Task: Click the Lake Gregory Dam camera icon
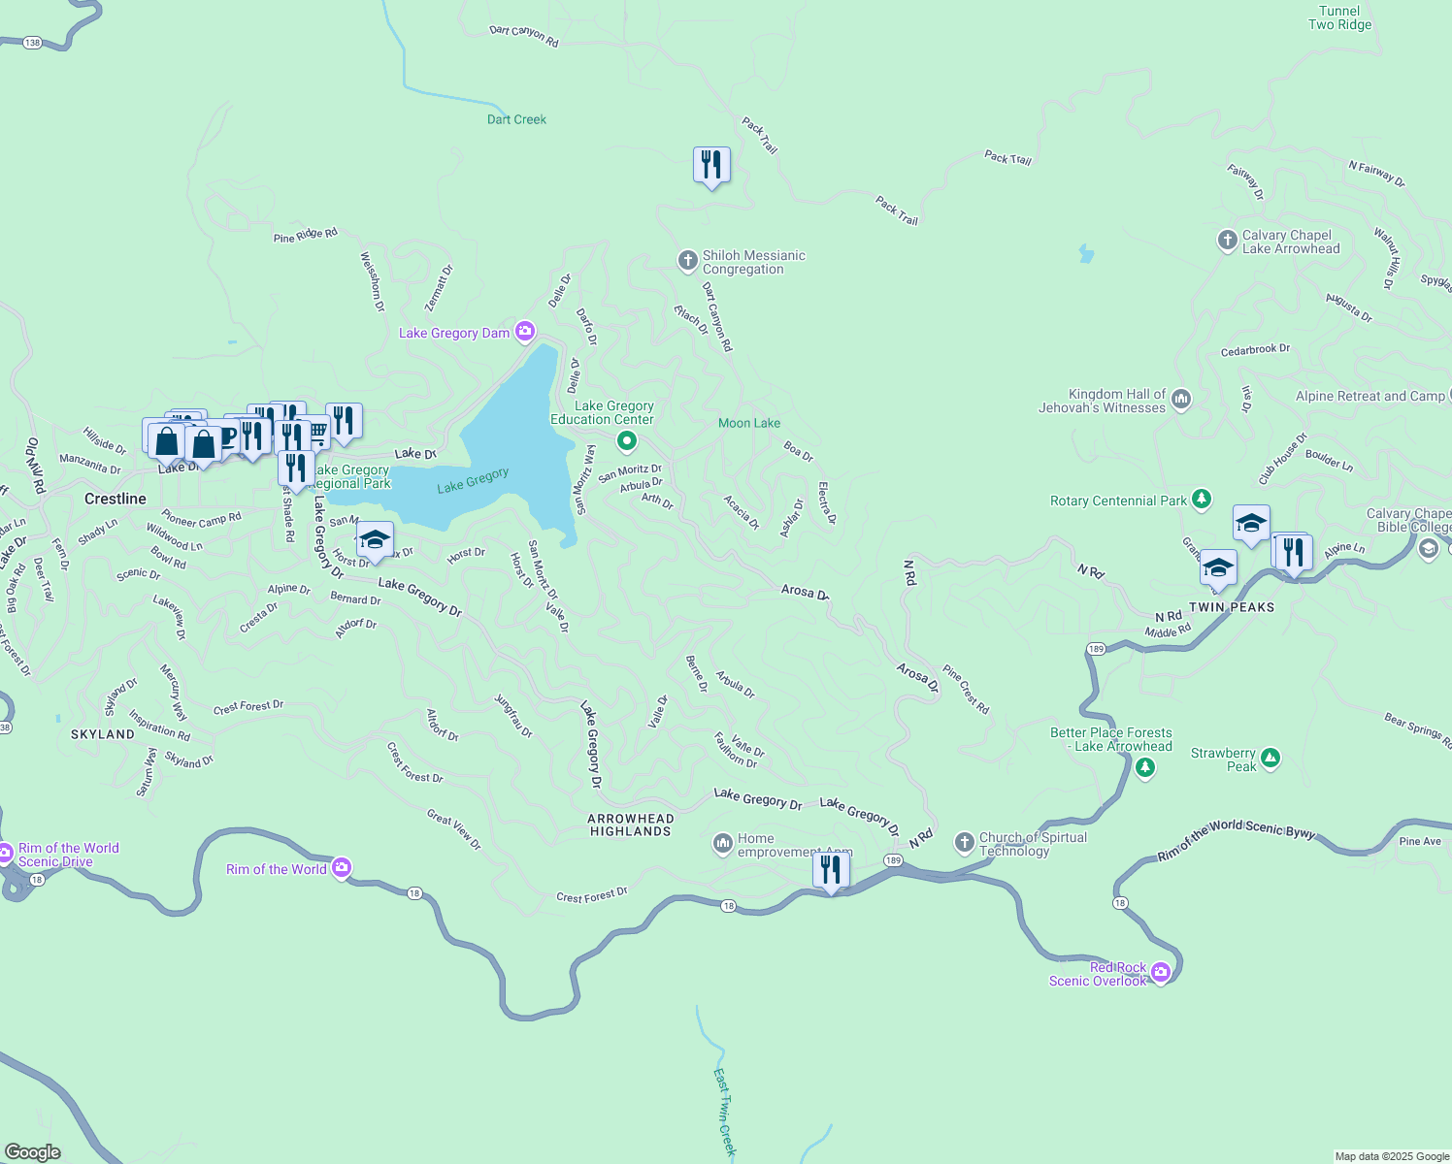pos(525,333)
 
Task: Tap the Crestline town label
pos(115,499)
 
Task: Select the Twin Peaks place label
pos(1231,607)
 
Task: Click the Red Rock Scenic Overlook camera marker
pos(1161,973)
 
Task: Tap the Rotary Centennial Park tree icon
pos(1202,500)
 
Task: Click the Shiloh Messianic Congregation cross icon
pos(687,260)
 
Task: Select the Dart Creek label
pos(516,119)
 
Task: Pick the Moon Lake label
pos(748,423)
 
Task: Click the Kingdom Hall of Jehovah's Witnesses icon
pos(1181,398)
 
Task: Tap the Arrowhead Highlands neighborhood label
pos(630,824)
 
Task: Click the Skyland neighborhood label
pos(103,734)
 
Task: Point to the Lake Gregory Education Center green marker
pos(627,442)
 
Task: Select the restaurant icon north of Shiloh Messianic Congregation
pos(711,165)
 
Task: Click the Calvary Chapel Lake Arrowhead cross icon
pos(1227,240)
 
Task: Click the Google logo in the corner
pos(33,1151)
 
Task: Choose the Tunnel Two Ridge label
pos(1339,17)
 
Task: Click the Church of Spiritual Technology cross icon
pos(964,842)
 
